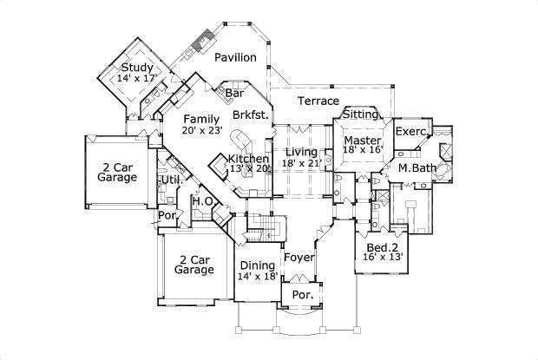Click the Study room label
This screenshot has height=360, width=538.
pos(137,68)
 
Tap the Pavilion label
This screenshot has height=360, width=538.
pos(235,57)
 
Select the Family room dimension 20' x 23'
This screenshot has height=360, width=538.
pos(202,131)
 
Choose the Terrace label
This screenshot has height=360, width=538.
pos(318,101)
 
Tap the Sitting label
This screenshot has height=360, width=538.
pos(360,115)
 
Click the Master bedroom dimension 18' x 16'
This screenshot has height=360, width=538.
pos(363,149)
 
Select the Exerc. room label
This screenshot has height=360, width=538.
pos(411,132)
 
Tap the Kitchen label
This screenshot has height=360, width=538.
pos(249,159)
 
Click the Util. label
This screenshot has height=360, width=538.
pos(169,180)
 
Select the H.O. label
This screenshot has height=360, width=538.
pos(203,200)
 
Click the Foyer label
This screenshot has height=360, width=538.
pos(299,258)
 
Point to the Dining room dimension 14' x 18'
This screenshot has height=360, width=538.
pos(257,277)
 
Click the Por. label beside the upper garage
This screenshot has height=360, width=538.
pos(166,215)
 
